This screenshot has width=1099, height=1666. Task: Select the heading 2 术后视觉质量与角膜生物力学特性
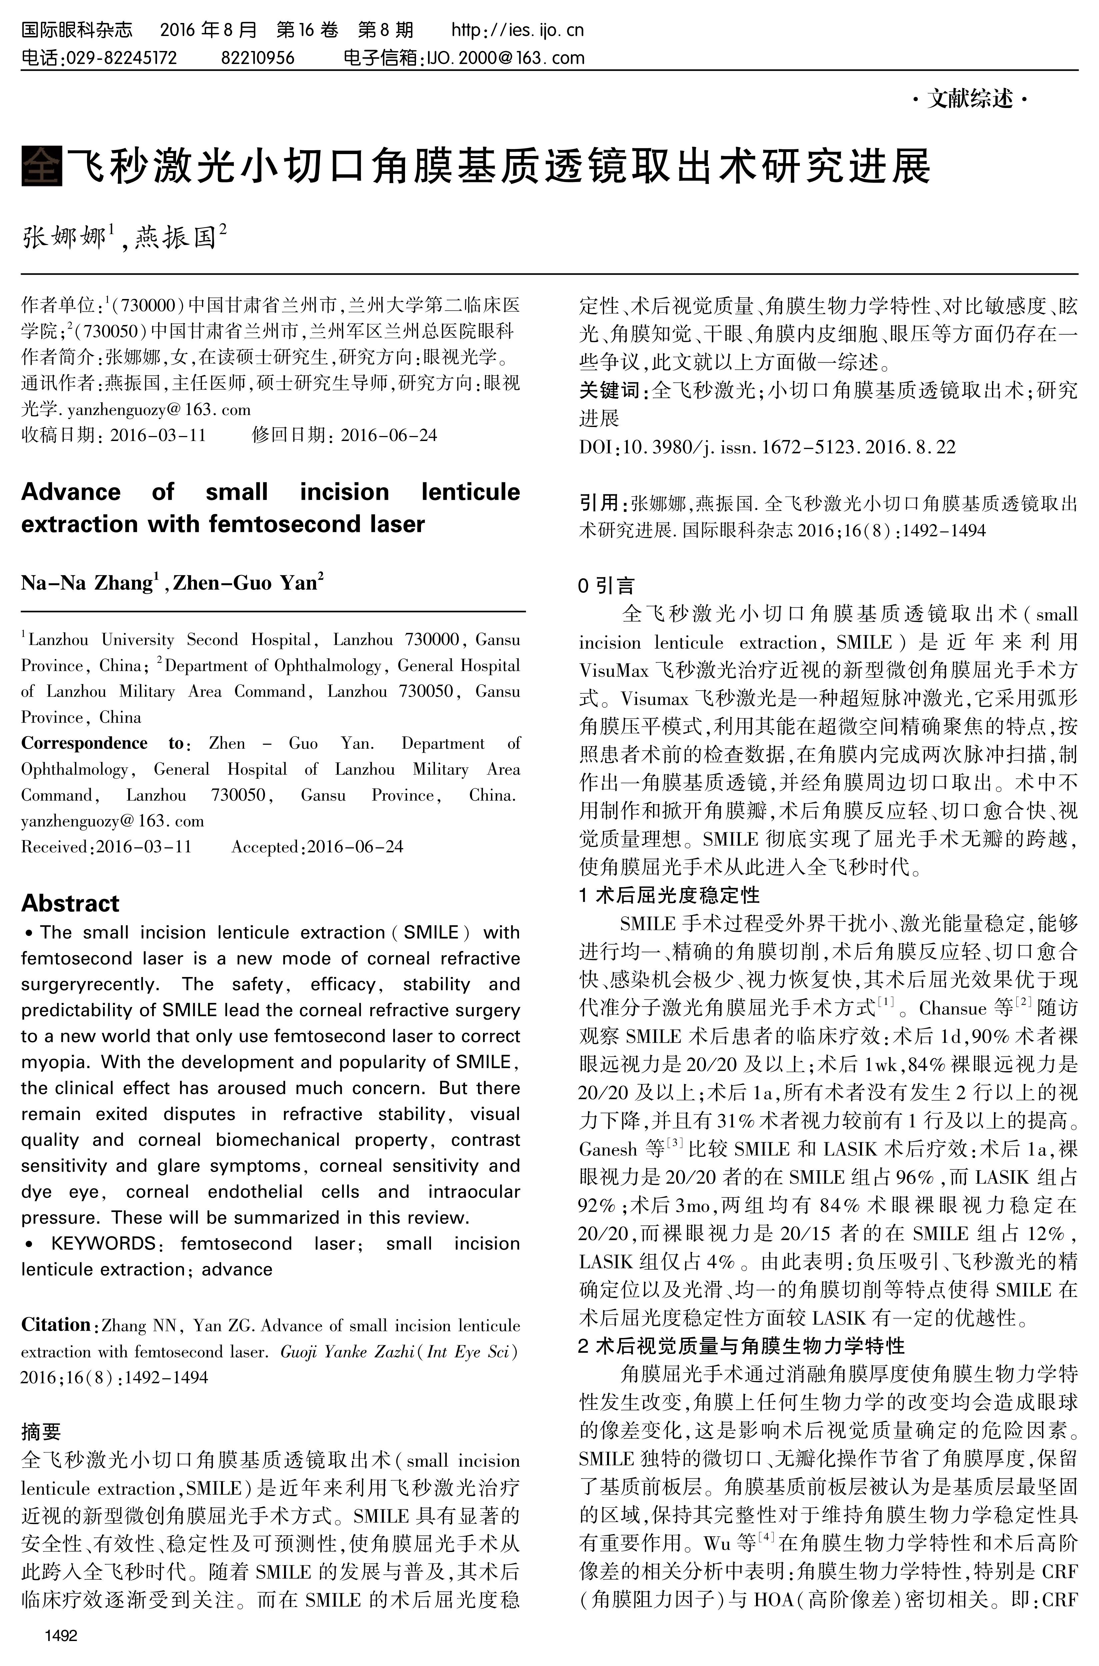[x=742, y=1346]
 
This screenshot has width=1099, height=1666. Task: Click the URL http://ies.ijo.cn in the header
[x=517, y=30]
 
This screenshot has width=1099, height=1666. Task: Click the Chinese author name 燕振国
[x=175, y=238]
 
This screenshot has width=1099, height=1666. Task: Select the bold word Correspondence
[x=84, y=743]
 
